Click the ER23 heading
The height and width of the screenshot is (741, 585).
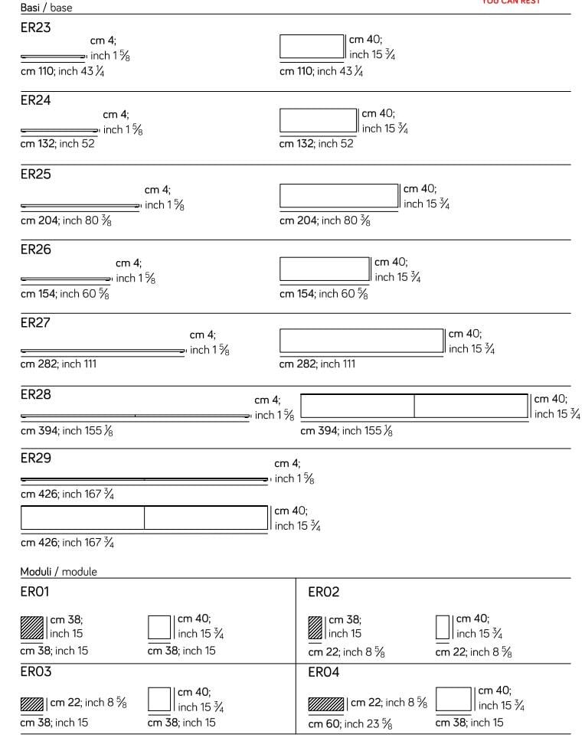[x=35, y=28]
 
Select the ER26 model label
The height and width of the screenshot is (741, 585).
[x=35, y=250]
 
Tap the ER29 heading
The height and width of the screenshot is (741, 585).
[x=35, y=459]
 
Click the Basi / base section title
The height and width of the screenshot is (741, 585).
[x=46, y=8]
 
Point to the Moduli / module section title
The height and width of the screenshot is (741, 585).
[x=58, y=572]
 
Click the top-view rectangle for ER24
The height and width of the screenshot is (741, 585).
[x=319, y=121]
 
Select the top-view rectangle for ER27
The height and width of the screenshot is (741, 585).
[x=361, y=341]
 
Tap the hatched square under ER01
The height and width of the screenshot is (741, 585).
[x=34, y=628]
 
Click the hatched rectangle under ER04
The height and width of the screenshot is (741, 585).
[x=325, y=703]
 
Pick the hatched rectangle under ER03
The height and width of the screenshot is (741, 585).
[x=32, y=703]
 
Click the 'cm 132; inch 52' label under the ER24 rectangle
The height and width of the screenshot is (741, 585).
[x=316, y=144]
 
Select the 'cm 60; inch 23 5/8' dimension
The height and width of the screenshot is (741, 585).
[x=350, y=724]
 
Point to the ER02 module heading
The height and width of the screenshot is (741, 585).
[x=323, y=592]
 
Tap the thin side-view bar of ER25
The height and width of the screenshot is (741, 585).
[x=80, y=207]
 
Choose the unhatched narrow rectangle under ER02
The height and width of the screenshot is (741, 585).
[x=442, y=628]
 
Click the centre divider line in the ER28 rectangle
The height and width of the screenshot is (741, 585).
[x=414, y=406]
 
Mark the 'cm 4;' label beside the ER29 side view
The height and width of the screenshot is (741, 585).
[x=287, y=464]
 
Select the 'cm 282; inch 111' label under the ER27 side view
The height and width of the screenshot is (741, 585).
[x=58, y=364]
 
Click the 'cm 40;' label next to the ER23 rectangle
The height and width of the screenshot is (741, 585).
[x=365, y=40]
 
